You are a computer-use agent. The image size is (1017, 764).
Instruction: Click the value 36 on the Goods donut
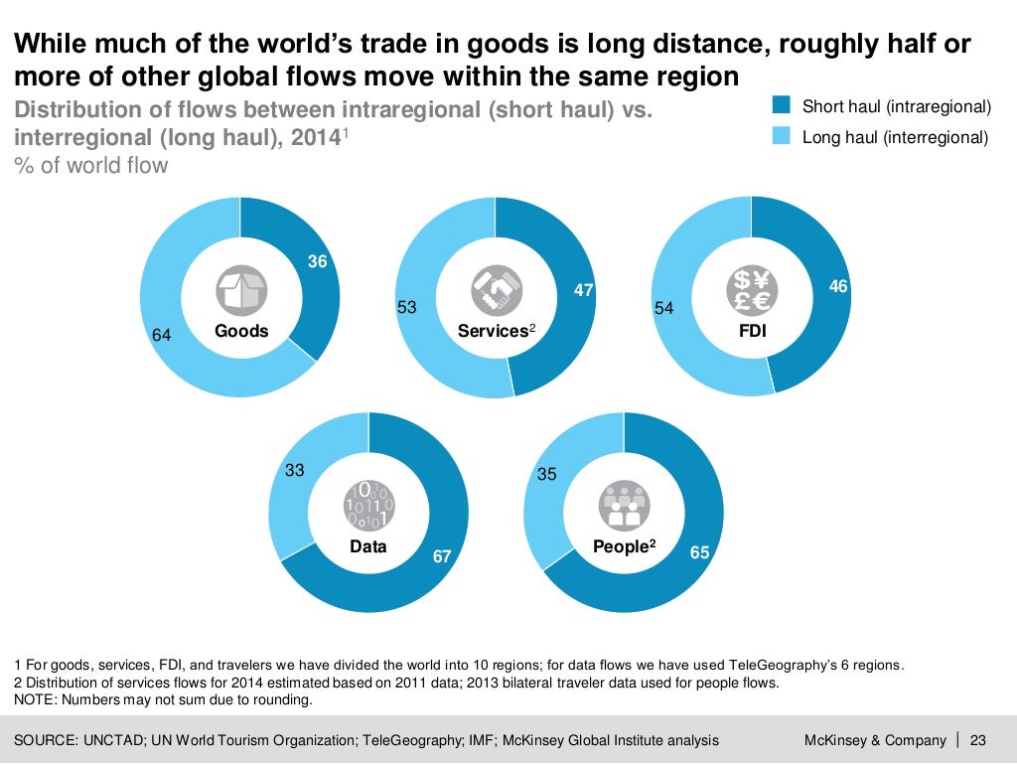click(x=318, y=262)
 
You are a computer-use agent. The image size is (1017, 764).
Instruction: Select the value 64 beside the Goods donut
click(x=162, y=336)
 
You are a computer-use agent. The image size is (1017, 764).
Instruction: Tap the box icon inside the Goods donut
click(x=241, y=291)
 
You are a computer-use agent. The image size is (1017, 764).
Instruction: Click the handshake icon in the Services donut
click(x=497, y=291)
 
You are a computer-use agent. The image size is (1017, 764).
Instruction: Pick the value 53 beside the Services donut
click(x=407, y=308)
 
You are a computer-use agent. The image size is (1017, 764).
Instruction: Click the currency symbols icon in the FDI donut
click(x=752, y=291)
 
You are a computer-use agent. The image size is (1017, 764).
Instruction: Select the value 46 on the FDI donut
click(x=838, y=286)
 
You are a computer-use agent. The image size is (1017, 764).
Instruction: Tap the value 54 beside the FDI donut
click(x=663, y=309)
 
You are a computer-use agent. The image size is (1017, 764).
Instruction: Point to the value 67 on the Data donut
click(x=442, y=556)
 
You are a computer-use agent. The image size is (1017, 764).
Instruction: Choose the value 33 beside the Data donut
click(x=295, y=471)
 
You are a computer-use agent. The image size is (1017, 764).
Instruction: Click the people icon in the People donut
click(x=624, y=507)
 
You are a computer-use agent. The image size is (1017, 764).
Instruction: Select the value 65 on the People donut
click(x=699, y=552)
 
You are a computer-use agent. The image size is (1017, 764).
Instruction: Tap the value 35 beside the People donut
click(x=547, y=474)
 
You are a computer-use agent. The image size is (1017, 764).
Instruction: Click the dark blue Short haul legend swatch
click(x=782, y=105)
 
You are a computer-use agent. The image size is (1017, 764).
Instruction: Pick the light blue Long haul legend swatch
click(x=782, y=137)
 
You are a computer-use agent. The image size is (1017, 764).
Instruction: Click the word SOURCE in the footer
click(x=48, y=740)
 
